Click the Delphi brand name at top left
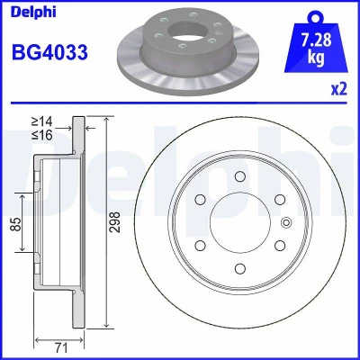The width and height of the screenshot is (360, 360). [x=33, y=13]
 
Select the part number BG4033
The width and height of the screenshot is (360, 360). [x=49, y=52]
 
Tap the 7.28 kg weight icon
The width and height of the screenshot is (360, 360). [x=316, y=41]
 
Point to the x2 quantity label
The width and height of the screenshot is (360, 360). [x=339, y=89]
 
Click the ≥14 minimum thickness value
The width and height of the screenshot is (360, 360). [x=42, y=121]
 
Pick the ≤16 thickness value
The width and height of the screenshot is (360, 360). [x=42, y=135]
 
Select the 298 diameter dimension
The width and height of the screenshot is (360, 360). [x=114, y=222]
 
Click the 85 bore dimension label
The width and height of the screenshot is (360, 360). [x=16, y=223]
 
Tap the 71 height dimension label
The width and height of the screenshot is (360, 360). [x=61, y=348]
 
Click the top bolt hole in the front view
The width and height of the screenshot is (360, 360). [x=240, y=176]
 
